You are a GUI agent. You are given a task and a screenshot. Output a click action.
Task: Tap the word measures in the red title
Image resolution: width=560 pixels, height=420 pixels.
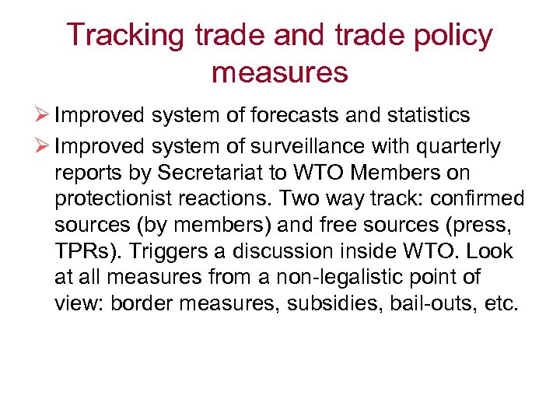279,72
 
